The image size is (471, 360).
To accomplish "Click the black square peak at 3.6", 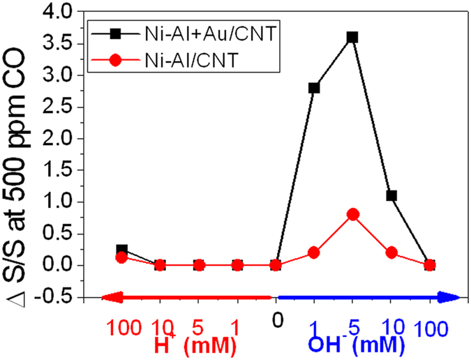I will coord(352,37).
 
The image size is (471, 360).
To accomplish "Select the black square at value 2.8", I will coord(314,88).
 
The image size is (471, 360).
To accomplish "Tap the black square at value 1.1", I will coord(391,195).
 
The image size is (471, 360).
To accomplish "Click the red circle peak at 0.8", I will coord(352,214).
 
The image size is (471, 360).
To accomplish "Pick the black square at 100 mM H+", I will coord(122,250).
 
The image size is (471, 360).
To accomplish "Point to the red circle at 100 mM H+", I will coord(122,257).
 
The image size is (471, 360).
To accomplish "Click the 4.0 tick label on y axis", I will coord(59,12).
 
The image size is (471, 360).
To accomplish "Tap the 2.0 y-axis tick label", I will coord(59,139).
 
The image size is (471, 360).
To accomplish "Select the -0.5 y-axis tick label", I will coord(56,297).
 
